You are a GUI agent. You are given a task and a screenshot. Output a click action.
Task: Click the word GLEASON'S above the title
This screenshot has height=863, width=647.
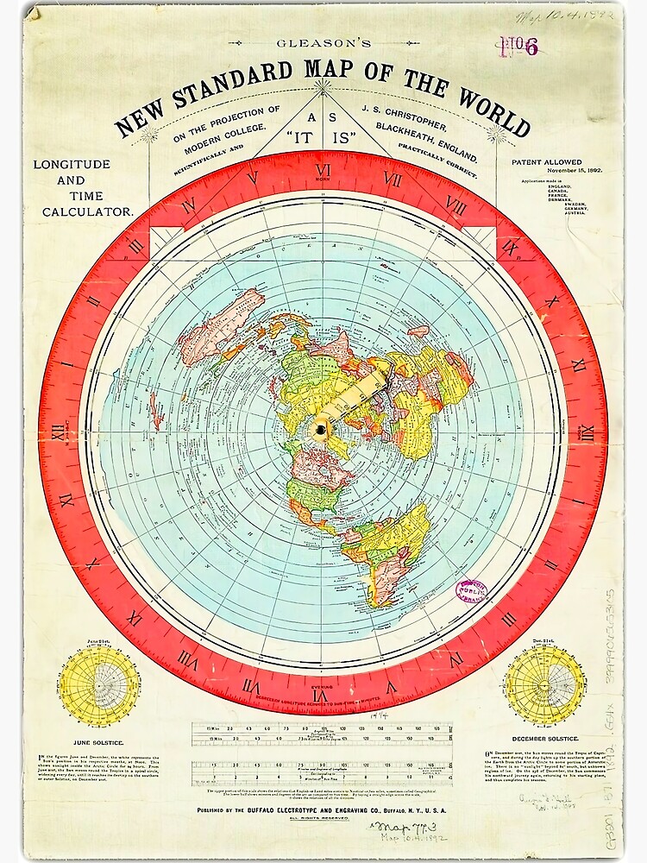coord(323,41)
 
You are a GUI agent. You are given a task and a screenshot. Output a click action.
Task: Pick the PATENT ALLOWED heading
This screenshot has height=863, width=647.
coord(546,162)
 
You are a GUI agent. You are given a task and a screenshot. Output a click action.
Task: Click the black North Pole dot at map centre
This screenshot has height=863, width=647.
coord(322,429)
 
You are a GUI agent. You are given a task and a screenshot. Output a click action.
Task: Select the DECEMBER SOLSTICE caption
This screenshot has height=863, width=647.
coord(545,740)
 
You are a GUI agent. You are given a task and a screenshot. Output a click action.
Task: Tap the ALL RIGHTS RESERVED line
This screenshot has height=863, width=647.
coord(323,824)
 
